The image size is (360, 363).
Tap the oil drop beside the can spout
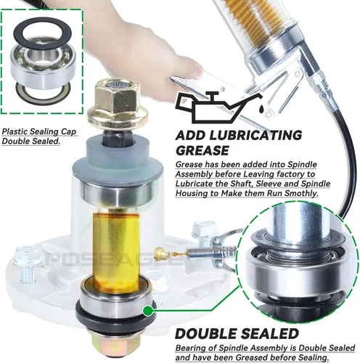pyautogui.click(x=261, y=109)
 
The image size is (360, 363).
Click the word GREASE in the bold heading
pyautogui.click(x=202, y=150)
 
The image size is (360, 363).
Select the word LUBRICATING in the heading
pyautogui.click(x=255, y=135)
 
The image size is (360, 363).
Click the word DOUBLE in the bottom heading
pyautogui.click(x=206, y=333)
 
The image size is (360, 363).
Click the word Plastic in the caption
pyautogui.click(x=15, y=132)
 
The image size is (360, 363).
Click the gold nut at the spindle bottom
pyautogui.click(x=115, y=347)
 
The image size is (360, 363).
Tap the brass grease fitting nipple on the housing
pyautogui.click(x=162, y=252)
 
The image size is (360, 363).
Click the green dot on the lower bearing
pyautogui.click(x=147, y=311)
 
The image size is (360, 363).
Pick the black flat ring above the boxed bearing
pyautogui.click(x=43, y=33)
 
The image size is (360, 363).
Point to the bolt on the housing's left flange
pyautogui.click(x=27, y=264)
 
